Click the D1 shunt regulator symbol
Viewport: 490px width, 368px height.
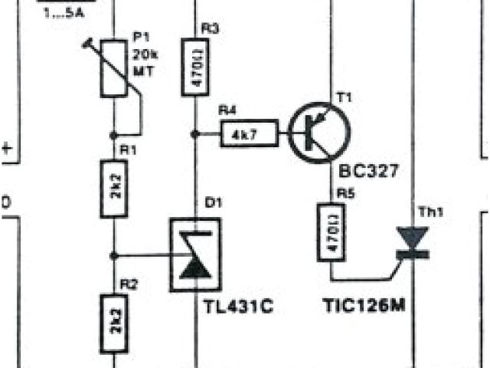click(x=195, y=255)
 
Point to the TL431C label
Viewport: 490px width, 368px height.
click(x=237, y=307)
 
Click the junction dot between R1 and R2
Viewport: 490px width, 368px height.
click(x=114, y=254)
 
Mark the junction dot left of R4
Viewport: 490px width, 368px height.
click(x=195, y=134)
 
